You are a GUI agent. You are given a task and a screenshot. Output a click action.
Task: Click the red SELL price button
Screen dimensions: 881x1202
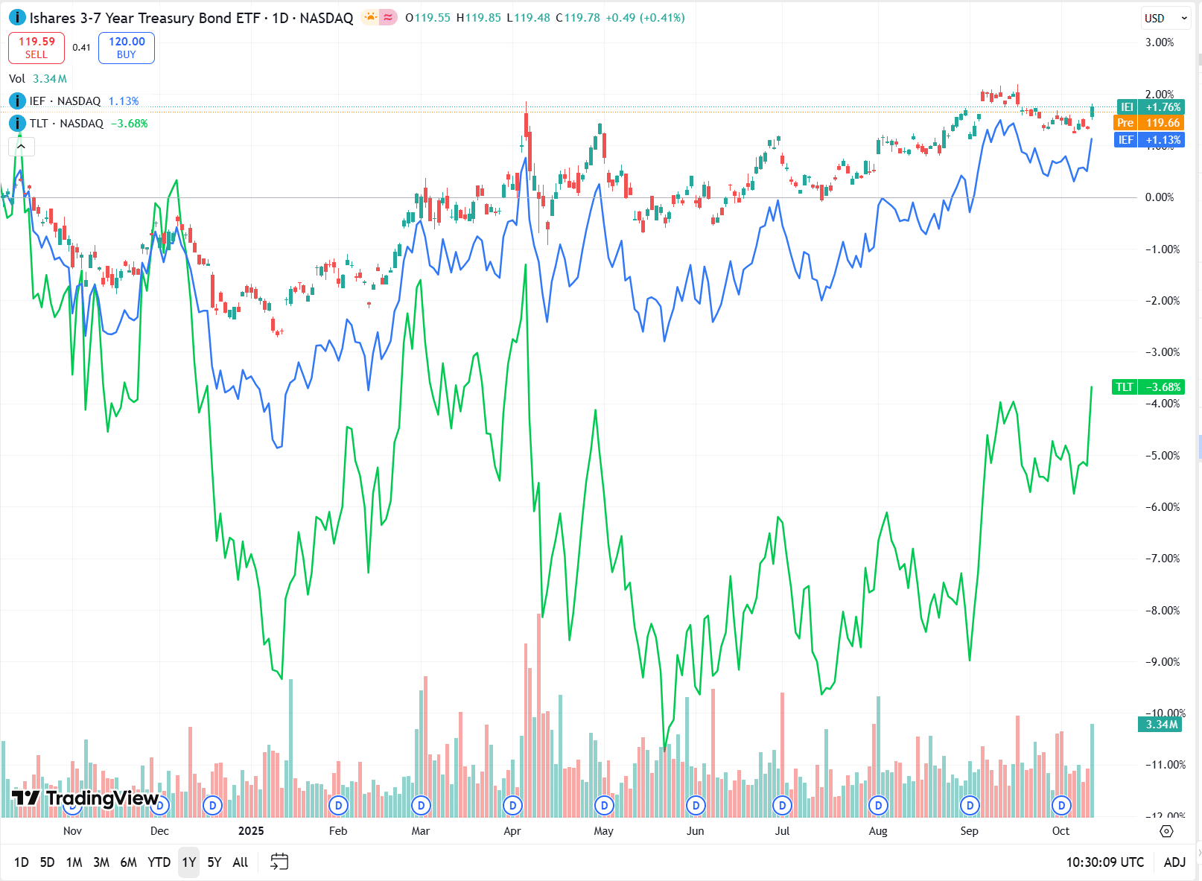point(36,48)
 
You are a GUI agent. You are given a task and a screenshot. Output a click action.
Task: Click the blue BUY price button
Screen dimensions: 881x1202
point(127,48)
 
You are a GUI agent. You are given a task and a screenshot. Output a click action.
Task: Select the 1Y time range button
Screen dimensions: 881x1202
point(189,862)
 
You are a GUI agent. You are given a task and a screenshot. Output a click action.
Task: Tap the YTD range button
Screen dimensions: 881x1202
point(159,862)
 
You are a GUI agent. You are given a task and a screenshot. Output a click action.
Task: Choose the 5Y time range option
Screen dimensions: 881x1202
point(214,862)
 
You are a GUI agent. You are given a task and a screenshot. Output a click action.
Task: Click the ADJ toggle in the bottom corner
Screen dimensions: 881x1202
point(1174,862)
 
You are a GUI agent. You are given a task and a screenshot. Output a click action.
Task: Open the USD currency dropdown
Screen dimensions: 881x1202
point(1166,18)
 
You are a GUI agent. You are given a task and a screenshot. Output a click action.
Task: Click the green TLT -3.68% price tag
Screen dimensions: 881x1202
point(1148,387)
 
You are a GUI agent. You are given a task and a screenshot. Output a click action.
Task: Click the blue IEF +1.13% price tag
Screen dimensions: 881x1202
point(1148,140)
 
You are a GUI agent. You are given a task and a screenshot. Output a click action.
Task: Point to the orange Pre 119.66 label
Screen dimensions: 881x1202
point(1148,123)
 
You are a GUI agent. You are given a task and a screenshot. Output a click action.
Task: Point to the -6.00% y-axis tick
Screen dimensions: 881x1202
point(1162,507)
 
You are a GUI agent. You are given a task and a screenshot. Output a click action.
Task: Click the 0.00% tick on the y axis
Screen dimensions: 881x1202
point(1160,197)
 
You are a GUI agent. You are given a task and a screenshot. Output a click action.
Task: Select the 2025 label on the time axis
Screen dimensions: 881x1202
point(251,831)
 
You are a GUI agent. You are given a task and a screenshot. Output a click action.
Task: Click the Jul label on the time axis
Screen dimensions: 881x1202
point(782,831)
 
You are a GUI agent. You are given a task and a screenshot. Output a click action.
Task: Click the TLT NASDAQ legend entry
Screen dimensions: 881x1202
point(66,124)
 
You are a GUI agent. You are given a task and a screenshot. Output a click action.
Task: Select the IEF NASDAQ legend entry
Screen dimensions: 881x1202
point(65,101)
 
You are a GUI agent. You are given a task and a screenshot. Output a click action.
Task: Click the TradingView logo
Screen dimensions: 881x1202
point(85,799)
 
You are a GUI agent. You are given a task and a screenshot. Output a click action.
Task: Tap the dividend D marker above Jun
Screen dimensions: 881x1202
point(696,805)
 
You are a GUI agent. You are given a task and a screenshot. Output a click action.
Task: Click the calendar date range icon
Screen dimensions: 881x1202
point(279,862)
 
